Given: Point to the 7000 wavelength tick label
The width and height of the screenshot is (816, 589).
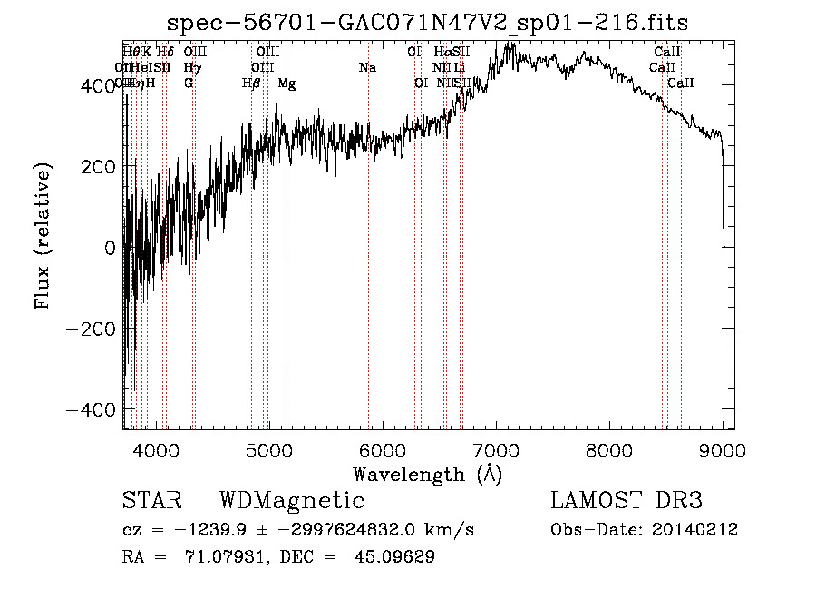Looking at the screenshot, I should click(496, 449).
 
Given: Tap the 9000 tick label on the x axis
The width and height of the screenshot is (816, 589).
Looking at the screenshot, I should click(723, 449).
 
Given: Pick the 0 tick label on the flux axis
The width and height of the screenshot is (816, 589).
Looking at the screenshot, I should click(109, 248).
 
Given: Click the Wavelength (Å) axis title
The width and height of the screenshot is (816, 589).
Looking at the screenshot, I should click(428, 474).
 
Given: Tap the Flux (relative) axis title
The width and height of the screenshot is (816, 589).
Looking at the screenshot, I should click(44, 236).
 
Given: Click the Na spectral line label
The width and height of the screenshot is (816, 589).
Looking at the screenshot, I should click(367, 68).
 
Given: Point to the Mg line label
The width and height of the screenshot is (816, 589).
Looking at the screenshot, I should click(287, 83).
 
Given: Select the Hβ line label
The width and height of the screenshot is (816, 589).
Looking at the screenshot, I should click(251, 83).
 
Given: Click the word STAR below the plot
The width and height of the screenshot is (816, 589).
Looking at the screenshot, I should click(151, 501).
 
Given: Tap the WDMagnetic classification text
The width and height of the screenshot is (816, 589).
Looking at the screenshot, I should click(291, 501).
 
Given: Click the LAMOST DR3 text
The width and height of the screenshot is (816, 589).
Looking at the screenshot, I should click(627, 501).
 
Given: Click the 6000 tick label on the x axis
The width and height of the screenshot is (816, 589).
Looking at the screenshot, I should click(383, 449).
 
